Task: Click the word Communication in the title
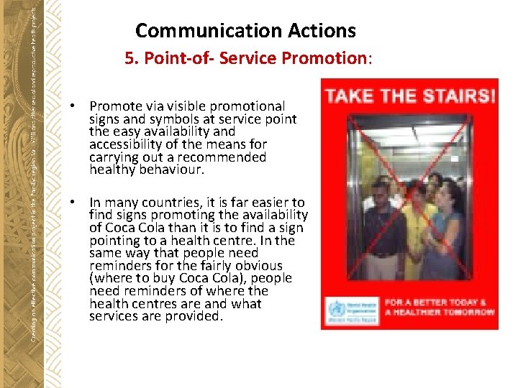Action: click(x=194, y=31)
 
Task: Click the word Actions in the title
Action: click(x=322, y=31)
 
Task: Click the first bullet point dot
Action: click(x=74, y=106)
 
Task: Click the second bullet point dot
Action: click(x=74, y=203)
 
